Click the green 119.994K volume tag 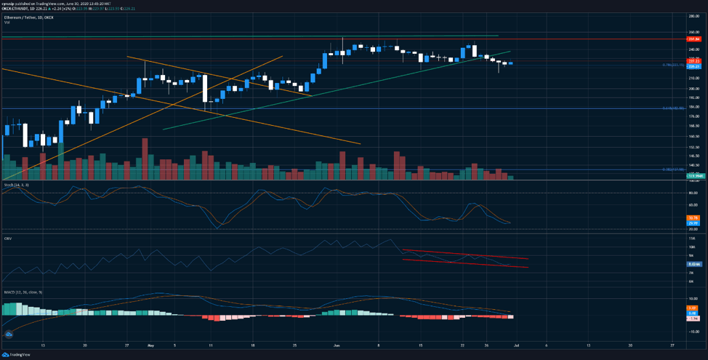coord(693,176)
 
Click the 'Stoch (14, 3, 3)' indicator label coord(16,185)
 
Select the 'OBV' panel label coord(8,238)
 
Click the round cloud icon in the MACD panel coord(9,334)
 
